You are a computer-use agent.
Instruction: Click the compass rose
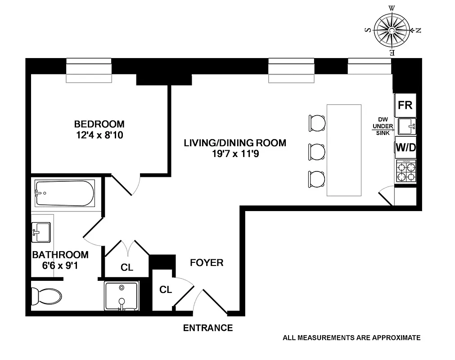[392, 30]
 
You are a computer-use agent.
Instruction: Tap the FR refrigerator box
[405, 105]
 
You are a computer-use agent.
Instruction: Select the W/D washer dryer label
[405, 147]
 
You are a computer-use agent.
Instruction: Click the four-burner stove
[405, 171]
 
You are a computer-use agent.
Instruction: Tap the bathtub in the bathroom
[65, 193]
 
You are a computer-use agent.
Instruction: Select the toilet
[46, 296]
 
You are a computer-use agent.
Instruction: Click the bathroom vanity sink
[41, 232]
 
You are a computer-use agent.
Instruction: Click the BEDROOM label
[99, 124]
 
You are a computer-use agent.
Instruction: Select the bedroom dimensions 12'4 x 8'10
[99, 135]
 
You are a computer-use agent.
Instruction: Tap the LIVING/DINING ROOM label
[234, 143]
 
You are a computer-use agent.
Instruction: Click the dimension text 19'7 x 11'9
[234, 154]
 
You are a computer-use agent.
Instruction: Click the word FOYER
[207, 262]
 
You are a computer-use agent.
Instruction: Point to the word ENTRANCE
[208, 328]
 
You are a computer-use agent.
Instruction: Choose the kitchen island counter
[344, 150]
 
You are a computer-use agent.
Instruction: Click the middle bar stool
[317, 151]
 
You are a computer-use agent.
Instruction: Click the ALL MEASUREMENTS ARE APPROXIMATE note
[351, 337]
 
